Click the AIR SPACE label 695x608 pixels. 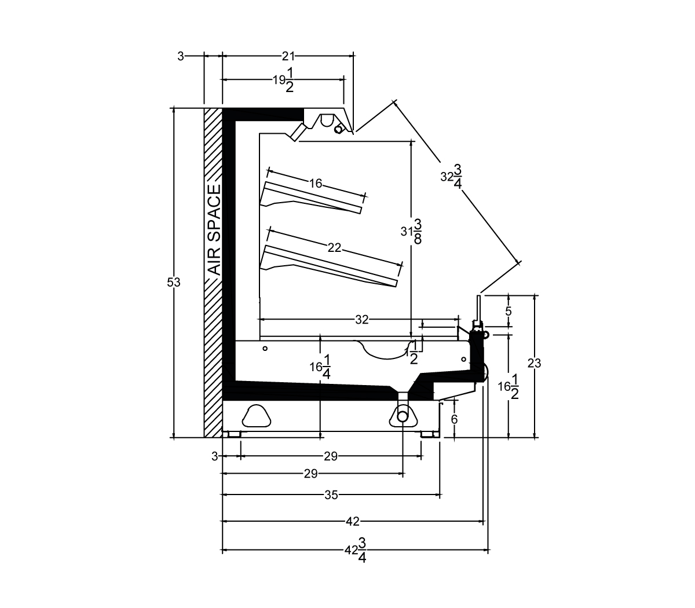[214, 230]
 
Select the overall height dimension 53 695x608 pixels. [174, 282]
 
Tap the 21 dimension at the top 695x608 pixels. [288, 56]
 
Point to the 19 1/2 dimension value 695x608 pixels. [284, 80]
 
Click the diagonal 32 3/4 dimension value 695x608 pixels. [451, 177]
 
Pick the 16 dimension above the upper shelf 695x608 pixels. [315, 184]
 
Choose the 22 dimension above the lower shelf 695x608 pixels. [334, 248]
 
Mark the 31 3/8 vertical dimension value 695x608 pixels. [411, 232]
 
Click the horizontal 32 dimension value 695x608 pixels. [362, 320]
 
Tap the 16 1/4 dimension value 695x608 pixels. [320, 367]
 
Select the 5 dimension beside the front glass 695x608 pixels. [508, 311]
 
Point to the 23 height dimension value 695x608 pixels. [534, 364]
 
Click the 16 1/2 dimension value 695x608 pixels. [508, 387]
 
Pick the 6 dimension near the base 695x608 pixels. [454, 419]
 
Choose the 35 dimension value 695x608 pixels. [331, 495]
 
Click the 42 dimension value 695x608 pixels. [353, 521]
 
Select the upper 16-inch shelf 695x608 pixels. [310, 199]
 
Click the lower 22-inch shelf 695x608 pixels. [328, 266]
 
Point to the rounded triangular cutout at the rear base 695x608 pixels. [257, 416]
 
